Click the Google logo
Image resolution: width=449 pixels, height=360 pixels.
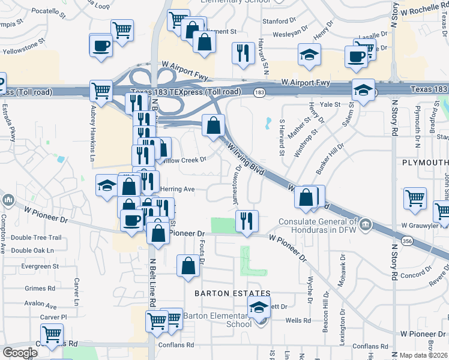tap(20, 353)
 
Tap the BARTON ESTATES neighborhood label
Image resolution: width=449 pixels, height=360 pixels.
tap(232, 293)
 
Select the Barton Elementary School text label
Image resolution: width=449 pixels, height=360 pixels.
tap(217, 320)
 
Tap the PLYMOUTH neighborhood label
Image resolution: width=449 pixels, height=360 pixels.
tap(425, 163)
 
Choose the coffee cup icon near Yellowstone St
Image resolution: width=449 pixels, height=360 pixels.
tap(101, 45)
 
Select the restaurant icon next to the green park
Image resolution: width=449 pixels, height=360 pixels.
tap(247, 221)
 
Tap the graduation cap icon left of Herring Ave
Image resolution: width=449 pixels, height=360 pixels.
tap(107, 185)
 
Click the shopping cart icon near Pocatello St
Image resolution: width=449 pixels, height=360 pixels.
tap(122, 29)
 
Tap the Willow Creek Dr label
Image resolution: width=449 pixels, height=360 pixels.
tap(183, 160)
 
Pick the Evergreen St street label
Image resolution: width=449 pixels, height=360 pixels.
tap(40, 266)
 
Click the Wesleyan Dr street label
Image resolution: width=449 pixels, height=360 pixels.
tap(290, 34)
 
